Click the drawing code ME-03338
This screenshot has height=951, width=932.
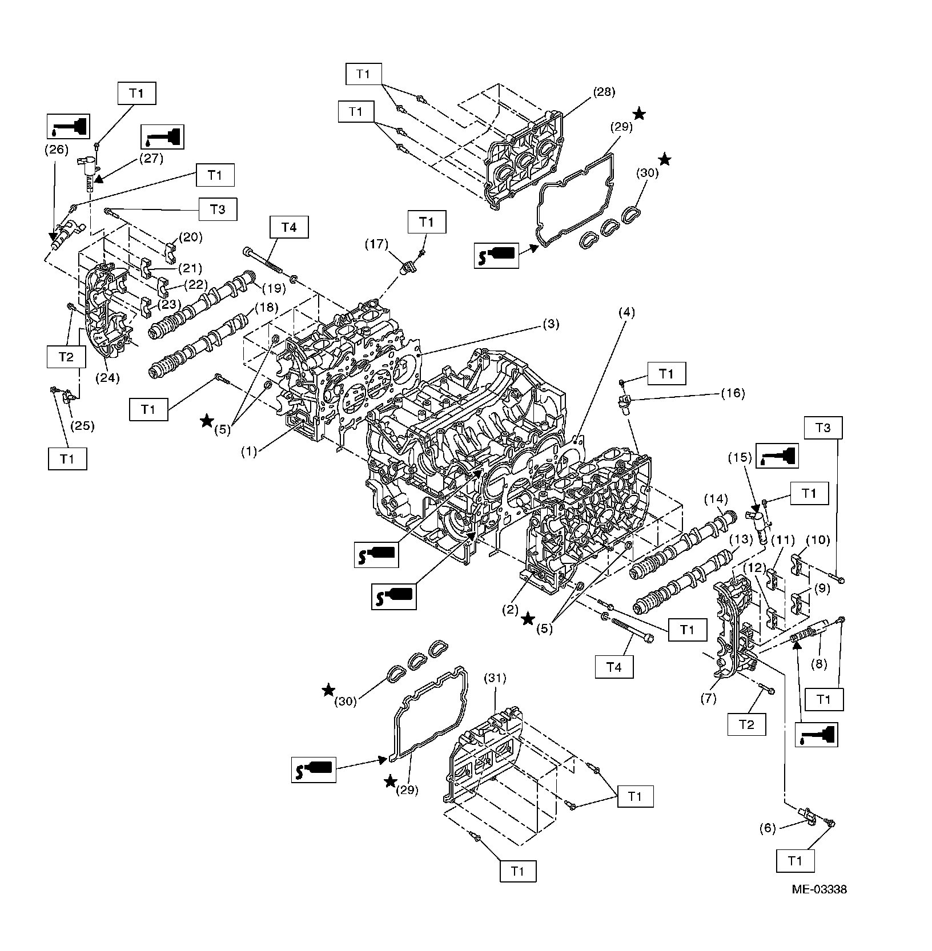click(x=818, y=905)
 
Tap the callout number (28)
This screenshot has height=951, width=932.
click(x=604, y=91)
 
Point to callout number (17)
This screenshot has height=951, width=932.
click(x=376, y=244)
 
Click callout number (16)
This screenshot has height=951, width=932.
click(x=733, y=393)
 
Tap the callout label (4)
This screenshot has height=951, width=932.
click(x=626, y=312)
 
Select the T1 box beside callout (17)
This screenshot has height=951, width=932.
click(x=427, y=223)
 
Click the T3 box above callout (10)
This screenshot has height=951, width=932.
click(x=823, y=428)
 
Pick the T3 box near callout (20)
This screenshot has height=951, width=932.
click(x=217, y=209)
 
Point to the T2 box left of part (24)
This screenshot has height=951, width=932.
click(x=66, y=357)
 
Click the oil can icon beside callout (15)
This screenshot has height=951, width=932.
click(x=777, y=456)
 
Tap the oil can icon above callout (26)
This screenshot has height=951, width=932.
click(x=67, y=126)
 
